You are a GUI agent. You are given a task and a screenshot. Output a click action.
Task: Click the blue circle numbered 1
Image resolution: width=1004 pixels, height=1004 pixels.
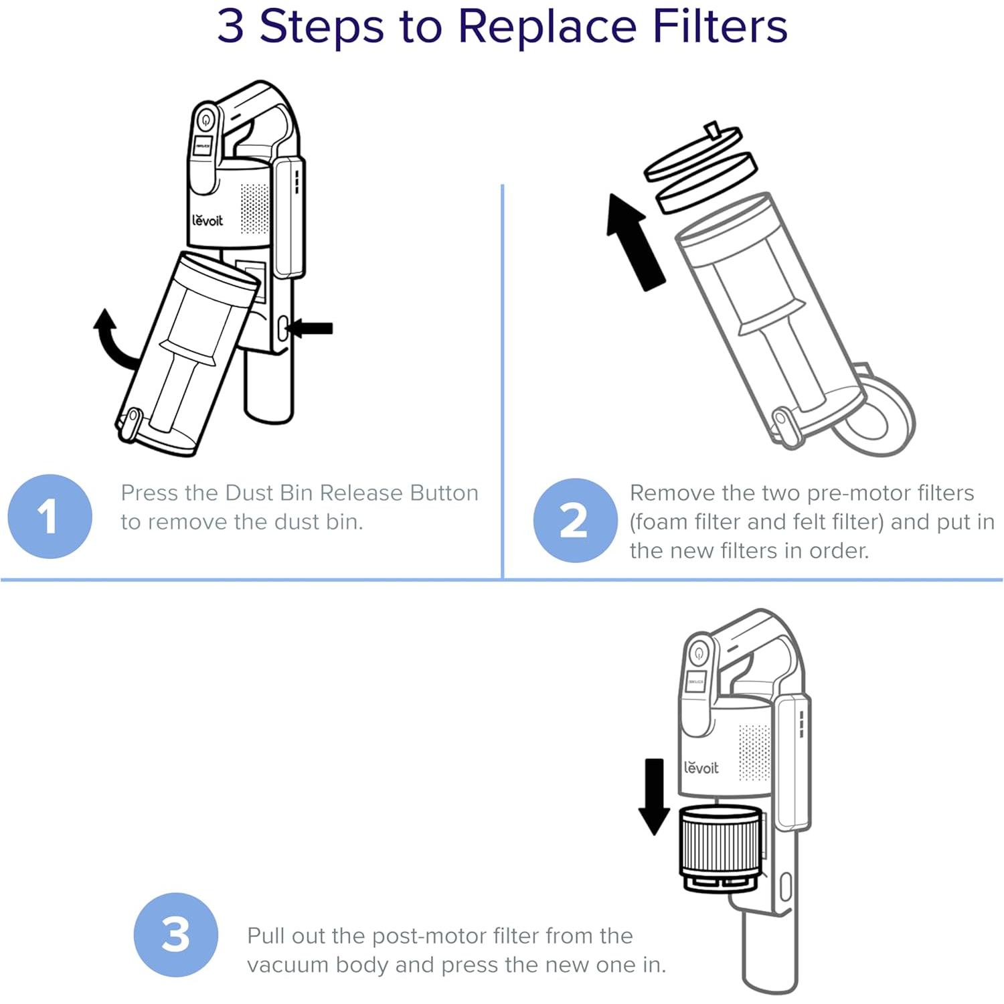[x=50, y=516]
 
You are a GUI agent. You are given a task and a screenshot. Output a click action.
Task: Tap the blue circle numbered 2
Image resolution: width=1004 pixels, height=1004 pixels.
[x=574, y=520]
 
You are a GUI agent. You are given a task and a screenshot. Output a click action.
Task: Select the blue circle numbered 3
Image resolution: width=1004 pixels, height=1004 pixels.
[x=175, y=934]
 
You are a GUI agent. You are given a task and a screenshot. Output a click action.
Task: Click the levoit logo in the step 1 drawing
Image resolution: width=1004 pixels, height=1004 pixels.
[x=207, y=220]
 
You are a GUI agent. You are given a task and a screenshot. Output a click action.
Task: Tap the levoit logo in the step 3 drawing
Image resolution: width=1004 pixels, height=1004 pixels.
[x=701, y=768]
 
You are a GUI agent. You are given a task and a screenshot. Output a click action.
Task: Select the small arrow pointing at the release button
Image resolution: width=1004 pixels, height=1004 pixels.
[x=311, y=328]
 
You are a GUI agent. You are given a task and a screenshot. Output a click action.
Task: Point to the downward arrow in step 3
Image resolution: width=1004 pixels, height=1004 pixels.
[x=654, y=797]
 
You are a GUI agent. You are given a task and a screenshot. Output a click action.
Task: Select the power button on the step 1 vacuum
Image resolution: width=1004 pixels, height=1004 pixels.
[x=205, y=121]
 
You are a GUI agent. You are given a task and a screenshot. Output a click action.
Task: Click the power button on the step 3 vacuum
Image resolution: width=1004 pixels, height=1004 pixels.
[x=699, y=653]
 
